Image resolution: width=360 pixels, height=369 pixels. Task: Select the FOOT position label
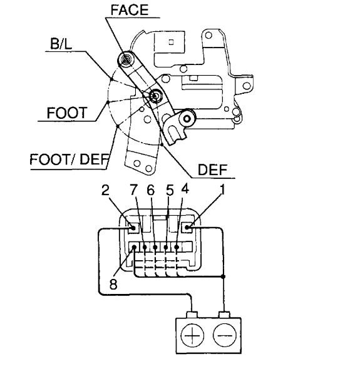[x=66, y=114]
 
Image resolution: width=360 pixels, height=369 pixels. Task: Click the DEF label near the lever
[x=213, y=169]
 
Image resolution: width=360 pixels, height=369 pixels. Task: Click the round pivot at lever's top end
[x=125, y=61]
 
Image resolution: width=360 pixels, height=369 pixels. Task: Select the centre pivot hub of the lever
[x=154, y=96]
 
